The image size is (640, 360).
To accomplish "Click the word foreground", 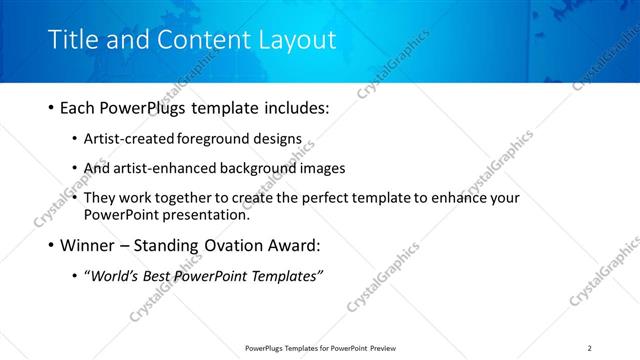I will pyautogui.click(x=211, y=140).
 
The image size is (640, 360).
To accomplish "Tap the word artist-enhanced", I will pyautogui.click(x=161, y=169).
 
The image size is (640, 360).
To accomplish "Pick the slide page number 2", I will pyautogui.click(x=590, y=348).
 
